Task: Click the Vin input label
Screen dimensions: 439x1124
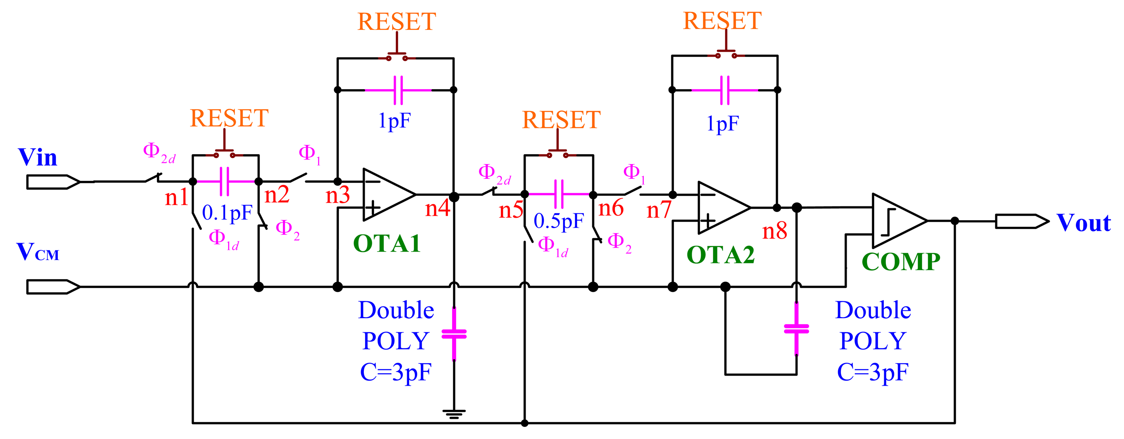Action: coord(38,158)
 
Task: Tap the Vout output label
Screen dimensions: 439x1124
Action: coord(1083,223)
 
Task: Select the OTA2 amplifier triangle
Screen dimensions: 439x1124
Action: coord(723,208)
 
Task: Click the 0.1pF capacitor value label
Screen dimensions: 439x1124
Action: coord(227,213)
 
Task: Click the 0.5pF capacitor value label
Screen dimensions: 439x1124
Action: coord(558,221)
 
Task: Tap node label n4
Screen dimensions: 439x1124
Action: coord(437,208)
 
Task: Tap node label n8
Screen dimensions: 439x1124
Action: coord(775,231)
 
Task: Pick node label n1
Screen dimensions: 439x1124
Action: coord(176,197)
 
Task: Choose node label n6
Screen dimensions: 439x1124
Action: coord(611,208)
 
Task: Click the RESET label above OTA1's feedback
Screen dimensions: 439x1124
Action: coord(396,22)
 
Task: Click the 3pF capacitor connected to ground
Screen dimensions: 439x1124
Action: coord(454,334)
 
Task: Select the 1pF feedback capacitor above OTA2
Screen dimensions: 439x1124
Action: coord(724,90)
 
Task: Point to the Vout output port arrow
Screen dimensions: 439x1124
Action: coord(1021,221)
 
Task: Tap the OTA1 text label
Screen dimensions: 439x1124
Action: coord(387,243)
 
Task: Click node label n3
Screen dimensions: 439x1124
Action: coord(338,195)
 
